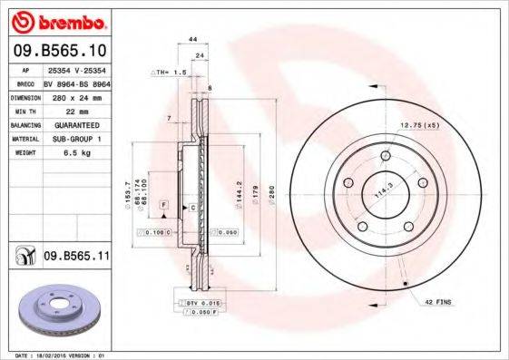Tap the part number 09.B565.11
[76, 258]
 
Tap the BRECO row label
[26, 81]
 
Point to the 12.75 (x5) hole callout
[419, 124]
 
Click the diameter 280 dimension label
[269, 194]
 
